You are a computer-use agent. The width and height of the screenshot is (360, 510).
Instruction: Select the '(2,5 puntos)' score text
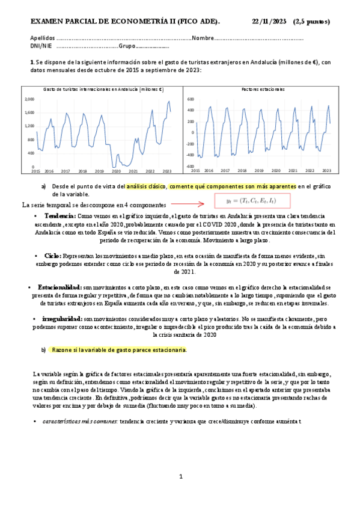311,22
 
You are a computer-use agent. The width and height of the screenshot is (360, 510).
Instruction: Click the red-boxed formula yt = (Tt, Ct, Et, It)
252,201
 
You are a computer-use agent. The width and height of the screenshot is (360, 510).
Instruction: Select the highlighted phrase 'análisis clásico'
147,186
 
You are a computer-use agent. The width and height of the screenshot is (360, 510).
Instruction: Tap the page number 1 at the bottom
181,476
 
